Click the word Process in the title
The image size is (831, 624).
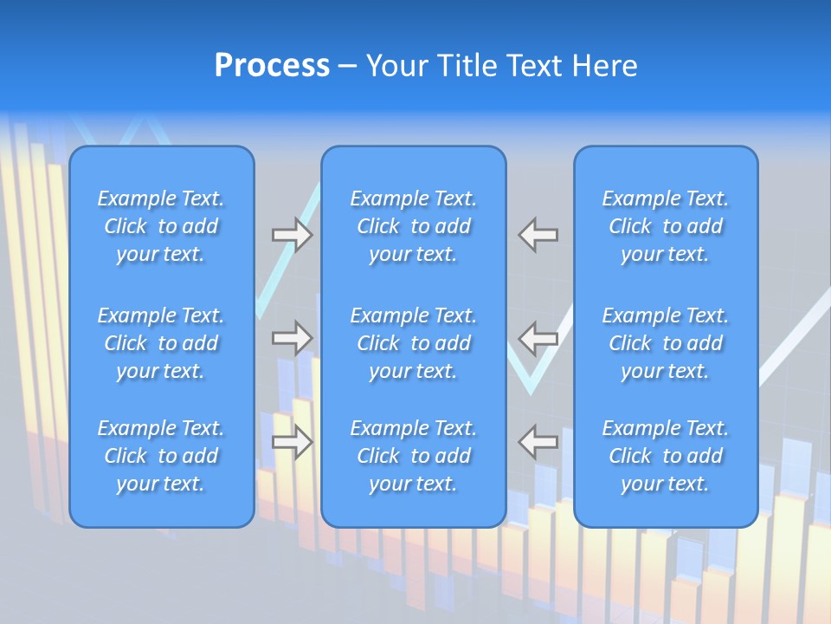[x=272, y=66]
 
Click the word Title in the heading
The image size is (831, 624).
[x=468, y=66]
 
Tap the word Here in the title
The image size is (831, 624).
[x=605, y=66]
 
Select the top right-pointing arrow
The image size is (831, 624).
[x=292, y=235]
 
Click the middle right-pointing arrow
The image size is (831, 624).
[x=292, y=338]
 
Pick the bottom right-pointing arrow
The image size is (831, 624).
[x=292, y=442]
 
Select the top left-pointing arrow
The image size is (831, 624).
[x=538, y=235]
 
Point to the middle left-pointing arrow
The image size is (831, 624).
[x=538, y=338]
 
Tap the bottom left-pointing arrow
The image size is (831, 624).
[x=538, y=442]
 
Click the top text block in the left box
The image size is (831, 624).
[x=161, y=226]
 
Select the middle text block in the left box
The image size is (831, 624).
[x=161, y=343]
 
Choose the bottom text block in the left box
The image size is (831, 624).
[x=161, y=456]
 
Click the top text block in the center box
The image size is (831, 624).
[x=413, y=226]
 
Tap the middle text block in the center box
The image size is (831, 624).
[x=413, y=343]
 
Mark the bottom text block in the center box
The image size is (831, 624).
[x=413, y=456]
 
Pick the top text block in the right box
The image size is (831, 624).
[x=666, y=226]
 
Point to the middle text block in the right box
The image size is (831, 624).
[x=666, y=343]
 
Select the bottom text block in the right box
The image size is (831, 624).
[x=666, y=456]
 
